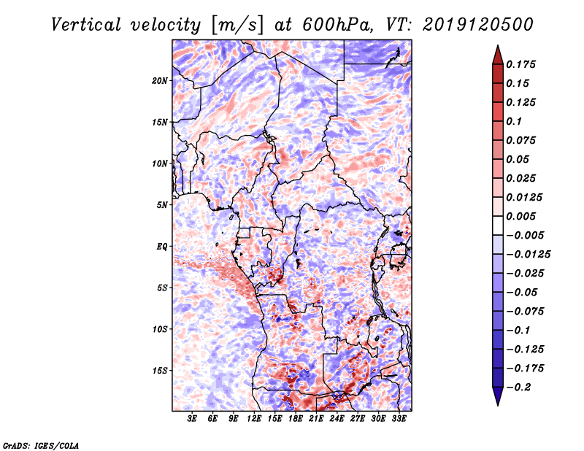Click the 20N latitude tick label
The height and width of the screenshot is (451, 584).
[x=160, y=81]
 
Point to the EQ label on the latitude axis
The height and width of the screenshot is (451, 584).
[x=162, y=247]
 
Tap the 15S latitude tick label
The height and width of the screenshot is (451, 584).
[x=160, y=371]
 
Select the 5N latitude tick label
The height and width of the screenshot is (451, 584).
[x=162, y=205]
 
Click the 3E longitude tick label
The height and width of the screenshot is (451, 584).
[x=192, y=419]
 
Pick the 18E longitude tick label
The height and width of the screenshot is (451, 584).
[x=296, y=419]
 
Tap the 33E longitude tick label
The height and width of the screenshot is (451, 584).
[x=399, y=419]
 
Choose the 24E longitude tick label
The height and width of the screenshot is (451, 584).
[x=337, y=419]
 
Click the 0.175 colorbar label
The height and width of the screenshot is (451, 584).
[x=520, y=64]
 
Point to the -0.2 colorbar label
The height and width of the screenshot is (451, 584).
[x=518, y=388]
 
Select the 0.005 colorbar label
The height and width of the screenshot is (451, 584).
[x=520, y=216]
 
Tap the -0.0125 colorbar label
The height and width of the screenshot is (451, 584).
[x=528, y=255]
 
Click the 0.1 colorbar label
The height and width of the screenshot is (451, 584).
[x=514, y=121]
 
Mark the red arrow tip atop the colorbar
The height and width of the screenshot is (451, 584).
[x=498, y=45]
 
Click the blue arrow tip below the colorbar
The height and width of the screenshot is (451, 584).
[x=498, y=405]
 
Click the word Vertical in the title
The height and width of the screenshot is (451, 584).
[x=86, y=25]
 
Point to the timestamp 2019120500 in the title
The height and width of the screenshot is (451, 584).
[x=478, y=25]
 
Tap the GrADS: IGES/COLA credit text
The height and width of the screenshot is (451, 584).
[x=41, y=445]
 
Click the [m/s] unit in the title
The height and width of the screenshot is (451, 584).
[x=237, y=26]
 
